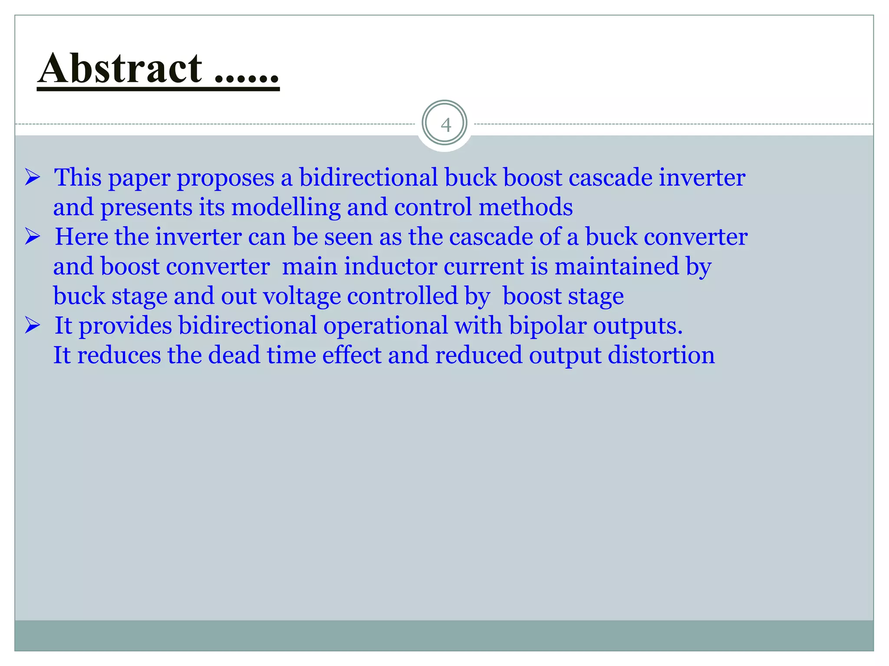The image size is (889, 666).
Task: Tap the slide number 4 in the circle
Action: [445, 125]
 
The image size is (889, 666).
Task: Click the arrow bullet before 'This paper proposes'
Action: [33, 177]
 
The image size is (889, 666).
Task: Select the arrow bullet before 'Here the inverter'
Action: [33, 237]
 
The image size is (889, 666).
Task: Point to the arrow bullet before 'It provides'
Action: [33, 325]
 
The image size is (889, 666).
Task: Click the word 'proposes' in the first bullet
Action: [225, 179]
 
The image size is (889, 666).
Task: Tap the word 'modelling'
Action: [286, 207]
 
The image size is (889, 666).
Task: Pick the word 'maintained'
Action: [616, 266]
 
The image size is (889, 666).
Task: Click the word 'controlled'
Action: [402, 297]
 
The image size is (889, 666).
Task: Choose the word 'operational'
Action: [385, 326]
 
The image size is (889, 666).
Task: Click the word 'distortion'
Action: [661, 356]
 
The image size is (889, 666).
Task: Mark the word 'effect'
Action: [351, 356]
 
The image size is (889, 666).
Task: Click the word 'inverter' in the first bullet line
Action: [702, 178]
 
